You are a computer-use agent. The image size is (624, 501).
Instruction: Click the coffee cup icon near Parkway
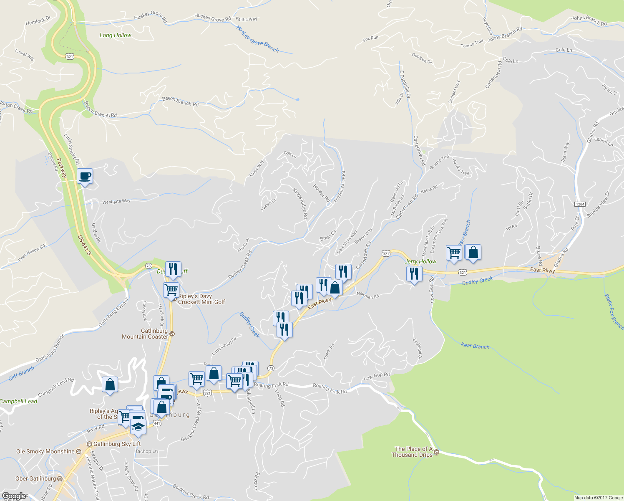(x=85, y=176)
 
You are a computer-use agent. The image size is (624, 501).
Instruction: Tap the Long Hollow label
(x=115, y=35)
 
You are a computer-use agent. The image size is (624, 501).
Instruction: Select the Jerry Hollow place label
(x=420, y=262)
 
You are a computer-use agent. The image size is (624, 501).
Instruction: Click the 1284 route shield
(x=580, y=204)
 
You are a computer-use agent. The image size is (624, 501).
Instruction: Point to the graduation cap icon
(x=138, y=427)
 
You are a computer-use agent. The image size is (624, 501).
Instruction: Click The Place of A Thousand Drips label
(x=412, y=452)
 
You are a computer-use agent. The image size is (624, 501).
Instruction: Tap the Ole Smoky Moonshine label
(x=45, y=451)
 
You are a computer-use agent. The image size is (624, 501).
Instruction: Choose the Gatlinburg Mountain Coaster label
(x=145, y=334)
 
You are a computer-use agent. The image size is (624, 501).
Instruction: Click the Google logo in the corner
(x=14, y=496)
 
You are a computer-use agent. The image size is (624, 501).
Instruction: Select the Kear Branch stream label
(x=475, y=346)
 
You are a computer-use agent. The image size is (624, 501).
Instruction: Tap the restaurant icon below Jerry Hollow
(x=414, y=274)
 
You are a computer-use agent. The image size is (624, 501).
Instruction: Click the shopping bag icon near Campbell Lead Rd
(x=110, y=385)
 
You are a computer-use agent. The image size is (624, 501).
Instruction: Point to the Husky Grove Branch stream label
(x=257, y=38)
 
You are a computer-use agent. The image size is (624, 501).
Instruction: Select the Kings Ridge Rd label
(x=300, y=204)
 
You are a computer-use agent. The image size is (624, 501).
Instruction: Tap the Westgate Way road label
(x=116, y=202)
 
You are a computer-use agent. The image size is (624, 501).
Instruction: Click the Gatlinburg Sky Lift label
(x=117, y=444)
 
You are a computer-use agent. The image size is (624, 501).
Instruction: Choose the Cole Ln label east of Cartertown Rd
(x=564, y=50)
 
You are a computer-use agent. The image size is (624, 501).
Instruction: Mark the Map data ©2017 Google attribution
(x=598, y=498)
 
